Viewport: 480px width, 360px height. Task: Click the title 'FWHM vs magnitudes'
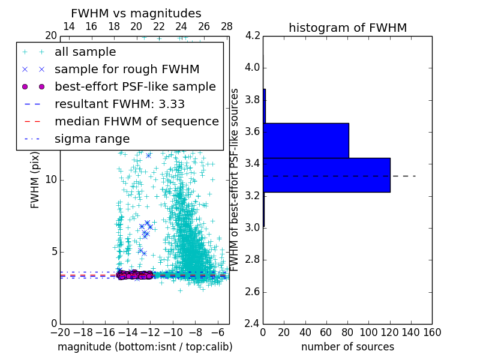click(x=136, y=13)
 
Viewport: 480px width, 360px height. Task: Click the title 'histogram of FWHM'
click(x=347, y=28)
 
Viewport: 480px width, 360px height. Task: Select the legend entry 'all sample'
click(x=85, y=52)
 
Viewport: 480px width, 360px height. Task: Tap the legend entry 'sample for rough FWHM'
click(x=127, y=69)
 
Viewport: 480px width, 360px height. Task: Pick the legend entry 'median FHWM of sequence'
click(x=136, y=121)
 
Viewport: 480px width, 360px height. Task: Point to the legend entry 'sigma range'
click(x=92, y=139)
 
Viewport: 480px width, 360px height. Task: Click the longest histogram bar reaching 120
click(x=326, y=175)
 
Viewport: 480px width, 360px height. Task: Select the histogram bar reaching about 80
click(x=306, y=140)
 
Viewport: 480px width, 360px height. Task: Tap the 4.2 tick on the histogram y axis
click(x=253, y=35)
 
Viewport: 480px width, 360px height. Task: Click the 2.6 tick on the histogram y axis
click(x=253, y=292)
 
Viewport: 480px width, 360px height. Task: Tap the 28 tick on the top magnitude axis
click(x=227, y=26)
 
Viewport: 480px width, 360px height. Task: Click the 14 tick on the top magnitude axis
click(x=69, y=26)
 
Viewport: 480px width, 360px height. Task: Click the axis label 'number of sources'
click(x=347, y=347)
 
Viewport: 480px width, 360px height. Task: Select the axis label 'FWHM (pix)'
click(x=35, y=180)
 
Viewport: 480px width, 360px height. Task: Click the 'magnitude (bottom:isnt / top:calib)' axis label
click(x=145, y=347)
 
